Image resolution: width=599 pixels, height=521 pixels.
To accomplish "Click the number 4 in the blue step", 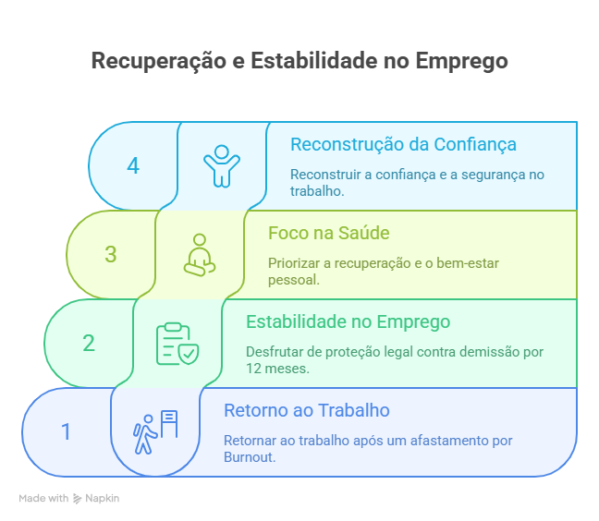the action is tap(133, 166).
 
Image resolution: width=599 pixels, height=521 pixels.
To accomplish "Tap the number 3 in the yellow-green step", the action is tap(111, 254).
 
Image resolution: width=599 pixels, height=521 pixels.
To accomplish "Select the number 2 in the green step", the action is tap(89, 343).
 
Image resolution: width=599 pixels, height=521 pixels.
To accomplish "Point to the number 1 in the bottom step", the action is tap(66, 431).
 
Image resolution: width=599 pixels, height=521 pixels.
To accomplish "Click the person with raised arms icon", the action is tap(222, 166).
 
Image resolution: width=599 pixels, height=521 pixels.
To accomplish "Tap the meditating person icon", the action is tap(200, 255).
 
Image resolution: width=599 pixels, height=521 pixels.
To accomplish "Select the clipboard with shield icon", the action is tap(177, 344).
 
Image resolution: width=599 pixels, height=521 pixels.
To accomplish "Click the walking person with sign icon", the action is tap(155, 432).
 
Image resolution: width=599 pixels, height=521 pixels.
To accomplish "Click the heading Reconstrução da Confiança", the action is tap(403, 145).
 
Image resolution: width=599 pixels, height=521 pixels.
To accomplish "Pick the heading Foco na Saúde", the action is tap(329, 233).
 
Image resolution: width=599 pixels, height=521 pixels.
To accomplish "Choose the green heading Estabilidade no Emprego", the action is tap(348, 321).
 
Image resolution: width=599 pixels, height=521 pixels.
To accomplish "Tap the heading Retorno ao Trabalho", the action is tap(307, 410).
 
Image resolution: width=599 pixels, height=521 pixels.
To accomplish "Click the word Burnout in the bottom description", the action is tap(250, 457).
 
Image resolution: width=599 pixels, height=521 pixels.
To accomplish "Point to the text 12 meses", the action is tap(277, 369).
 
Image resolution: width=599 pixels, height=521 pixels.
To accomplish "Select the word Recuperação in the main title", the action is tap(159, 61).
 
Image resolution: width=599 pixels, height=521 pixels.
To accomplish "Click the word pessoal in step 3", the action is tap(293, 280).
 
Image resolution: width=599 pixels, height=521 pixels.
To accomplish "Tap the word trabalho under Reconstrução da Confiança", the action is tap(317, 191).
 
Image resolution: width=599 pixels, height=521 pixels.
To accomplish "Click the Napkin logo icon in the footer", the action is tap(77, 499).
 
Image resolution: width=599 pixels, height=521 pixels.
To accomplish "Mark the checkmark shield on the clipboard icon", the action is tap(189, 354).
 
